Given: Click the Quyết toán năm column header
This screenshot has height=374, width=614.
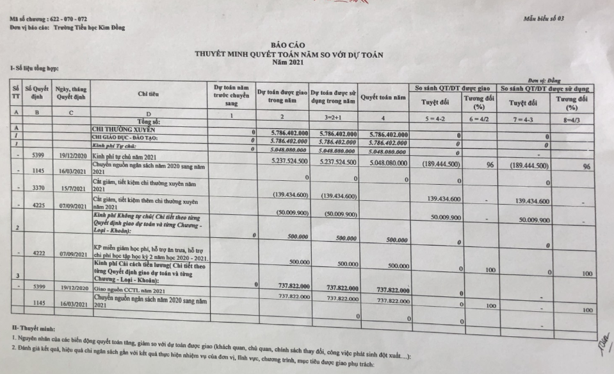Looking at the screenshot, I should (x=383, y=98).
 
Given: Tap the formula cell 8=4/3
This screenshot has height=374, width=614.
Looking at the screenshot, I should (x=569, y=120).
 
